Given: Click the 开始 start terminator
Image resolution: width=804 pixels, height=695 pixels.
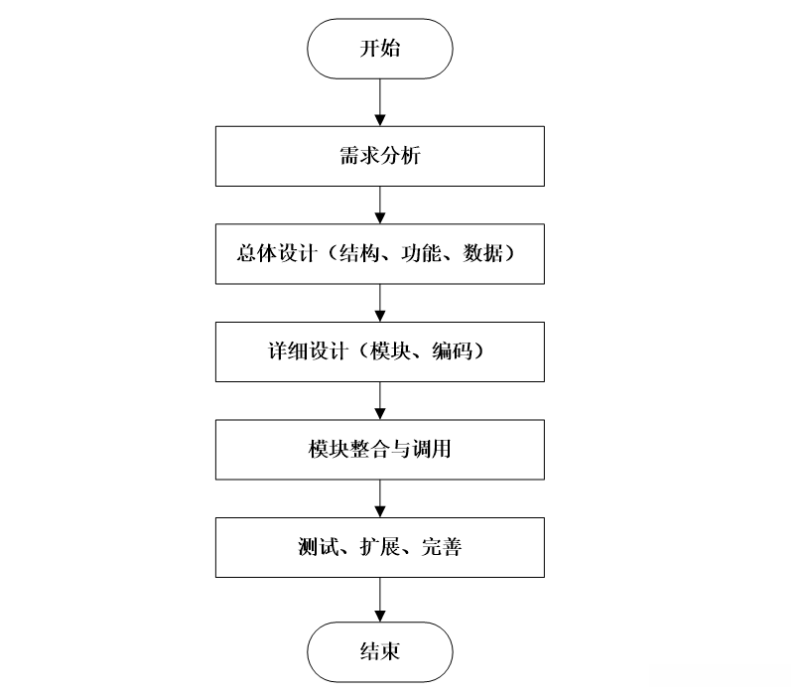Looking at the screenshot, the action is (380, 49).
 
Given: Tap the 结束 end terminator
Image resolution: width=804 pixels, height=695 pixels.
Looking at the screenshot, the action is (380, 652).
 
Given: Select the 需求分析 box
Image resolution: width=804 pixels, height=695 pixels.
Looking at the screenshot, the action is (380, 156).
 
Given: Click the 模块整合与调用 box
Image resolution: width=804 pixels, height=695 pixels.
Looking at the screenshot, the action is (380, 450).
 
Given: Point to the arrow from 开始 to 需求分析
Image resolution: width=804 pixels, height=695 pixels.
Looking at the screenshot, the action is (380, 102).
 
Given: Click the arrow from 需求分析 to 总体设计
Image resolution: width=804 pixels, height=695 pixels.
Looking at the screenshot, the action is (380, 206).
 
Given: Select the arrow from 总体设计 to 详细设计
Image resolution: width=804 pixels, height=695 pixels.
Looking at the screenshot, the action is (380, 303).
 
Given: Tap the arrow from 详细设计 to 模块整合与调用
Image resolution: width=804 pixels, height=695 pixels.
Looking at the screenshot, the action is (380, 400).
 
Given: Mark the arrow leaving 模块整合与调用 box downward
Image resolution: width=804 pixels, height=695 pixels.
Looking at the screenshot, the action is (380, 498).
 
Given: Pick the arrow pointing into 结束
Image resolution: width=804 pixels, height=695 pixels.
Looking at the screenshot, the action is (380, 600).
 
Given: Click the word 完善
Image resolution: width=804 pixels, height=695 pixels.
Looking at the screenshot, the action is (442, 547).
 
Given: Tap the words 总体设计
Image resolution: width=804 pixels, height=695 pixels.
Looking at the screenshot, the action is (277, 253).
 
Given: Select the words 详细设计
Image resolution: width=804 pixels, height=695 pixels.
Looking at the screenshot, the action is (308, 351).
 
